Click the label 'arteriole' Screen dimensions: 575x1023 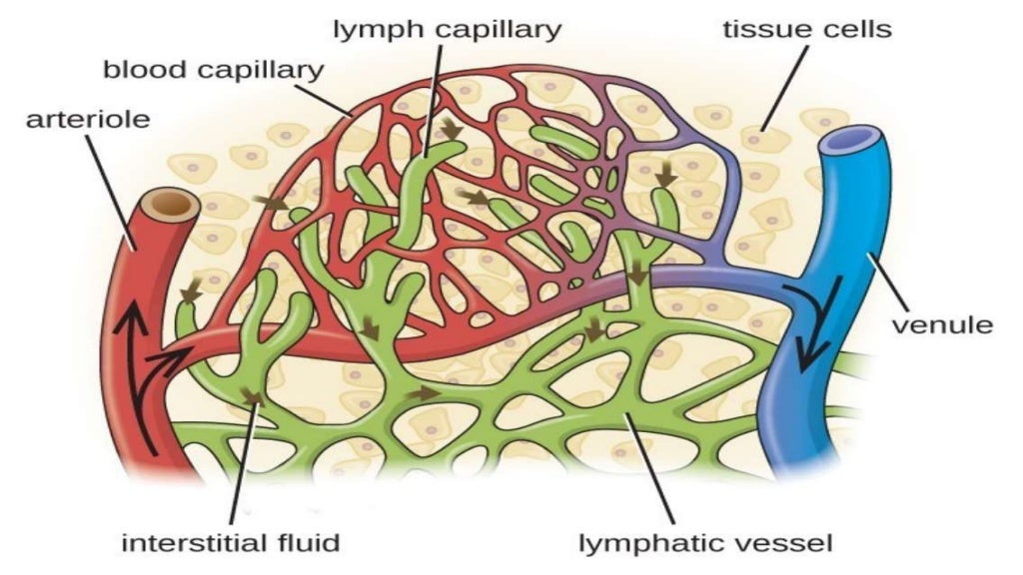point(88,120)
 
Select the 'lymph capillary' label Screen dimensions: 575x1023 point(447,28)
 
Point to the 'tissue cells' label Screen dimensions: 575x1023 point(806,28)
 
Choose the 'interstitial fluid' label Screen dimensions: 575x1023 point(231,544)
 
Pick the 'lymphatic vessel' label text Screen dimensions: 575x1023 point(706,544)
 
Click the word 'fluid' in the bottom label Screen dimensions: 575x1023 point(312,544)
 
